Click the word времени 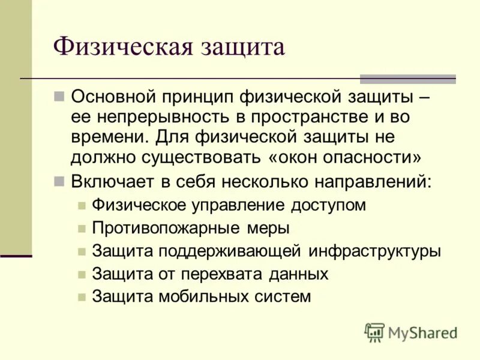pos(106,137)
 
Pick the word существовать pos(199,157)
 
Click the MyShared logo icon pos(374,332)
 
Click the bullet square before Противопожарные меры pos(82,228)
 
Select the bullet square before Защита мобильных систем pos(82,296)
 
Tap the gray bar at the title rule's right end pos(407,79)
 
